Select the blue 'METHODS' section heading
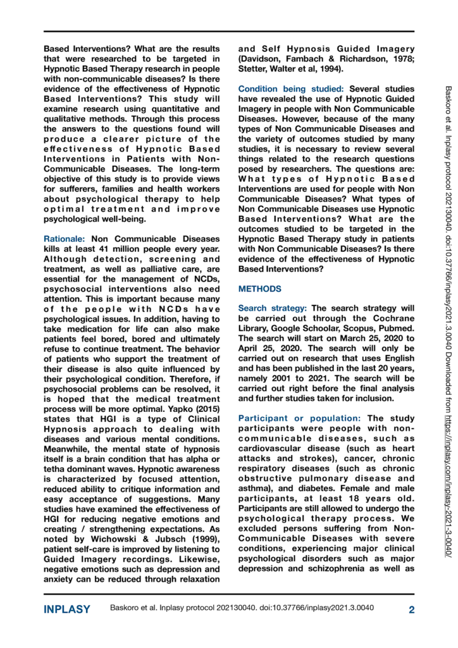click(259, 289)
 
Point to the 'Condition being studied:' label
click(292, 89)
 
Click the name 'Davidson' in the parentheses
click(265, 58)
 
